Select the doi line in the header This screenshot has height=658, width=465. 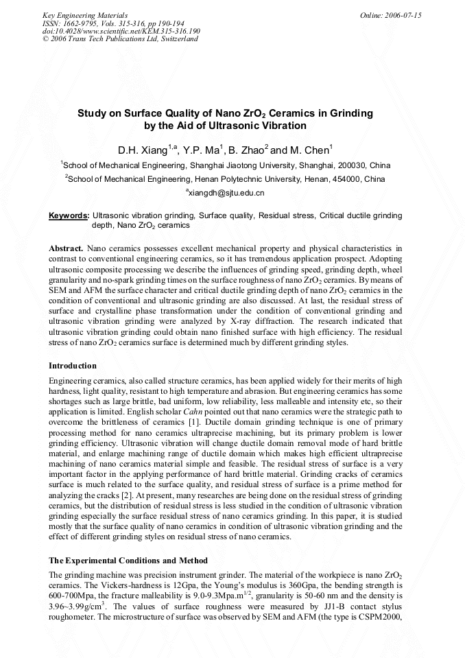121,31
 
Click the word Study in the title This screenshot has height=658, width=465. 91,113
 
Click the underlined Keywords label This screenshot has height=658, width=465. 69,215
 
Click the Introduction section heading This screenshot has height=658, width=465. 73,366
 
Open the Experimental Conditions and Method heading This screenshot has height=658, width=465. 128,561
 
